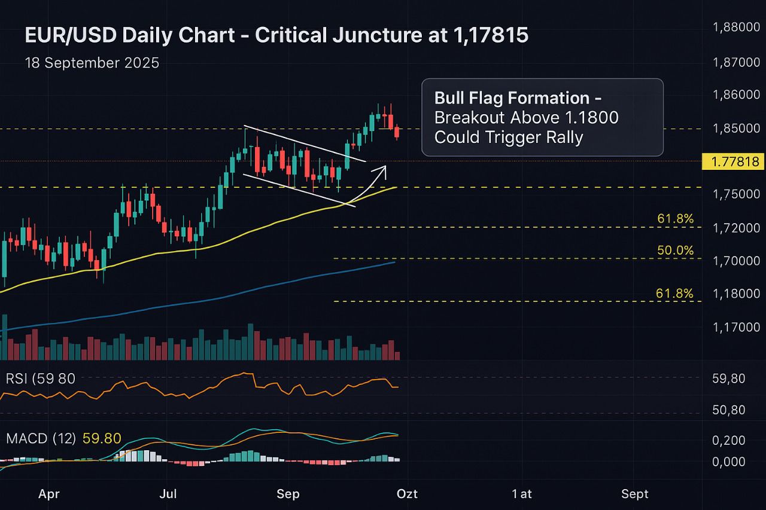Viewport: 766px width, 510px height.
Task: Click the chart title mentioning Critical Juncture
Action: pyautogui.click(x=276, y=36)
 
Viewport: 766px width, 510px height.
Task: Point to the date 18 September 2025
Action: pyautogui.click(x=92, y=63)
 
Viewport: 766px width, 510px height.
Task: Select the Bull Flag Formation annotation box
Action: pyautogui.click(x=542, y=117)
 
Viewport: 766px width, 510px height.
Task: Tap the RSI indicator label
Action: pyautogui.click(x=41, y=378)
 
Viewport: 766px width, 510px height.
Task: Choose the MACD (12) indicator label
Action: pyautogui.click(x=41, y=438)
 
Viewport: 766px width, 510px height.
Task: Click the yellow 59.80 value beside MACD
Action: pyautogui.click(x=102, y=438)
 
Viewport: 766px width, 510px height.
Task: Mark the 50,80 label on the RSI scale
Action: pyautogui.click(x=729, y=410)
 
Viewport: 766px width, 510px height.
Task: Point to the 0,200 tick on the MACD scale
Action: pyautogui.click(x=729, y=441)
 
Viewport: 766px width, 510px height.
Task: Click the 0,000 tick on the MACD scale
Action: pyautogui.click(x=729, y=462)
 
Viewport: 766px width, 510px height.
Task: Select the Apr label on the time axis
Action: pyautogui.click(x=50, y=494)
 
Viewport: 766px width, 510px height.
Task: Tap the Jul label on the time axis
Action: pyautogui.click(x=169, y=494)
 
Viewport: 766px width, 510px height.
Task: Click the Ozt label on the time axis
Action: pyautogui.click(x=408, y=494)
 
